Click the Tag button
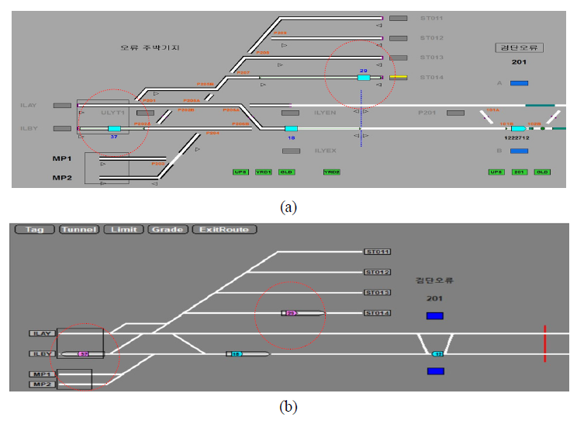pyautogui.click(x=34, y=230)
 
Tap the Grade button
pyautogui.click(x=168, y=230)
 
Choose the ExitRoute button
pyautogui.click(x=224, y=230)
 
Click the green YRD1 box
pyautogui.click(x=264, y=172)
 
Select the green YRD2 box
pyautogui.click(x=331, y=172)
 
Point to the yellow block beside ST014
pyautogui.click(x=399, y=78)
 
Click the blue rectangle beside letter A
pyautogui.click(x=519, y=83)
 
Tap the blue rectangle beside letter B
pyautogui.click(x=519, y=151)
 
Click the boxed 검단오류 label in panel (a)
pyautogui.click(x=520, y=47)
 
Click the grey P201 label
pyautogui.click(x=427, y=113)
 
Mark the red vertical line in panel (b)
pyautogui.click(x=544, y=343)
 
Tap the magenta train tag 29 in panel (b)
pyautogui.click(x=292, y=314)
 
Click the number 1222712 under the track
pyautogui.click(x=517, y=137)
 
